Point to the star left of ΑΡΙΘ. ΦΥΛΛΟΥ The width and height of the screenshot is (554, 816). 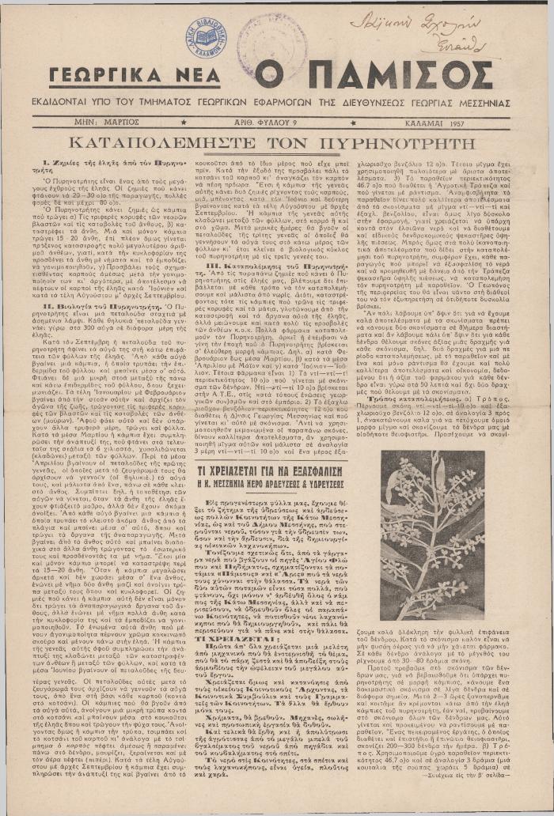pyautogui.click(x=184, y=123)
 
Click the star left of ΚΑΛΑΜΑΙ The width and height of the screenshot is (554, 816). pyautogui.click(x=353, y=123)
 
